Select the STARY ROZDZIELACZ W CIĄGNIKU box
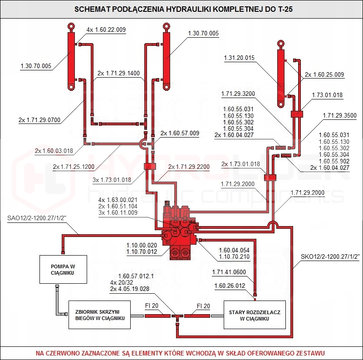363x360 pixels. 254,315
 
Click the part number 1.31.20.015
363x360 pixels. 239,58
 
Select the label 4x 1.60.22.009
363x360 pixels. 106,30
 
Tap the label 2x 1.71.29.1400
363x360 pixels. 118,73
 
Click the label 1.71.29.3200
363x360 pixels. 238,94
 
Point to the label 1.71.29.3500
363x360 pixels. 339,116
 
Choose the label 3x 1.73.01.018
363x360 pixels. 112,180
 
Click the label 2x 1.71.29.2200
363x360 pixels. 189,167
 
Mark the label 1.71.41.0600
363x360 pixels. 229,272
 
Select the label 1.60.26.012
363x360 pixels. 230,286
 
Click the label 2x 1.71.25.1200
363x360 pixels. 74,167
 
